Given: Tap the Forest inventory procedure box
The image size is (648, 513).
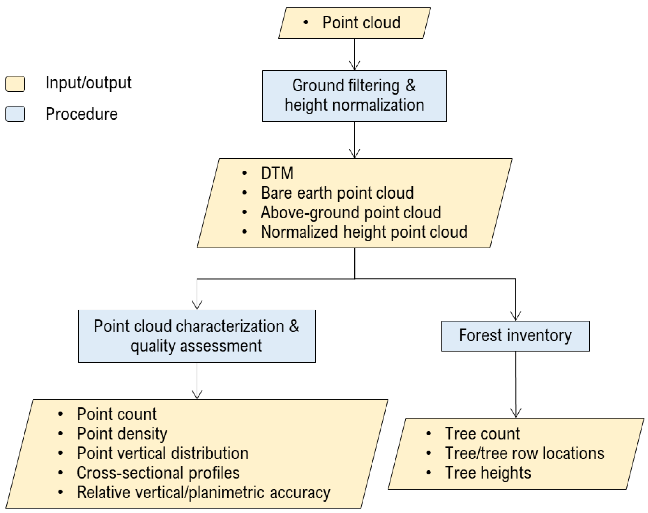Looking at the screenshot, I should (x=515, y=336).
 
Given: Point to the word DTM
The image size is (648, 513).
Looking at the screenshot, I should (x=277, y=173).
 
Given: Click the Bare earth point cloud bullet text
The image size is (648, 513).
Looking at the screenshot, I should (x=337, y=193).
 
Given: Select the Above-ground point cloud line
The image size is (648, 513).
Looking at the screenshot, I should (x=351, y=212).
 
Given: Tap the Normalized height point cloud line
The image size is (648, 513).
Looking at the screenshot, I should (x=364, y=232).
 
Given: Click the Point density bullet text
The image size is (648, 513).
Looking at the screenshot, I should (x=122, y=434).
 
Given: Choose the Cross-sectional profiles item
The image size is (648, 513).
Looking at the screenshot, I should (x=158, y=473).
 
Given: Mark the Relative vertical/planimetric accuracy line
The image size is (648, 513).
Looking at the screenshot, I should (x=203, y=492).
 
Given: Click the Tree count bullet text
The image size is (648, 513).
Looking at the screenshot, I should (x=482, y=434).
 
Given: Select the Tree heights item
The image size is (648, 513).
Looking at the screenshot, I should (x=488, y=473).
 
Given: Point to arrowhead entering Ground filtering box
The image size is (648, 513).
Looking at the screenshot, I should (x=354, y=66).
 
